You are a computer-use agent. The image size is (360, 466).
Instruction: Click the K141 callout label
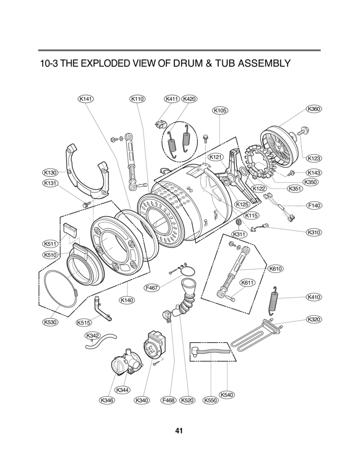[85, 99]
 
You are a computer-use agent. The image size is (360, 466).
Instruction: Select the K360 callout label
[313, 109]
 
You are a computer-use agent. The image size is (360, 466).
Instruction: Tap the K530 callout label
[49, 323]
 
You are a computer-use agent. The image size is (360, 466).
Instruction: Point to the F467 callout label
[152, 288]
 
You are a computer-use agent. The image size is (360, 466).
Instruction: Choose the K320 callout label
[313, 319]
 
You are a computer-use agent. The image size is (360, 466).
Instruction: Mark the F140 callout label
[313, 205]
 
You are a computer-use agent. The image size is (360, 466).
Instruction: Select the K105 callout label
[219, 110]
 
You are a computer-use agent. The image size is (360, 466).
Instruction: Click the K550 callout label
[209, 400]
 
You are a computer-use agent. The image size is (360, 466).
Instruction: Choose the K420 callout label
[190, 99]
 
